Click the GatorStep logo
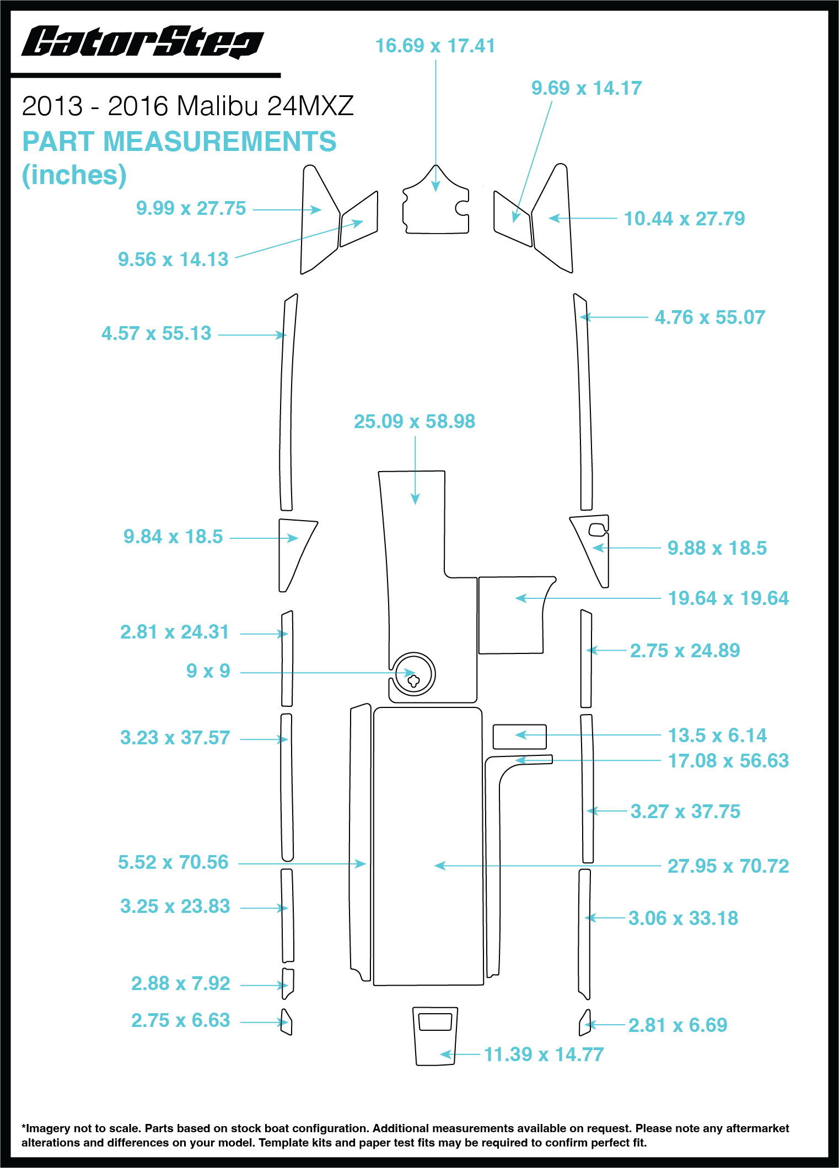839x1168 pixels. tap(142, 42)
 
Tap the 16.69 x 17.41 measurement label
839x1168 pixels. tap(435, 46)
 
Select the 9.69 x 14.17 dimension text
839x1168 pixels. tap(587, 88)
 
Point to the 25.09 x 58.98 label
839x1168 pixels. tap(415, 421)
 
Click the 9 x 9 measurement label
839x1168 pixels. tap(208, 671)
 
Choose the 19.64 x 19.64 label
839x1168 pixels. tap(728, 598)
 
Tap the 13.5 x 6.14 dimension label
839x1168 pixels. tap(717, 736)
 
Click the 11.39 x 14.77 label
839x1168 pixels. tap(544, 1055)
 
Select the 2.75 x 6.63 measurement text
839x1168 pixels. tap(180, 1020)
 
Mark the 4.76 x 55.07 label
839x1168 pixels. tap(710, 317)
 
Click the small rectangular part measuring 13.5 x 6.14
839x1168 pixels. tap(519, 737)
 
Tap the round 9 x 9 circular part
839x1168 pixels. tap(413, 674)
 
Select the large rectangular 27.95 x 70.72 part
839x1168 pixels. tap(428, 846)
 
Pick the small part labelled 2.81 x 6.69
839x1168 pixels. tap(585, 1024)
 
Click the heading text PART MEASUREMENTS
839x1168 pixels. tap(179, 142)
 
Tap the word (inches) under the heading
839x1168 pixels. tap(74, 175)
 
